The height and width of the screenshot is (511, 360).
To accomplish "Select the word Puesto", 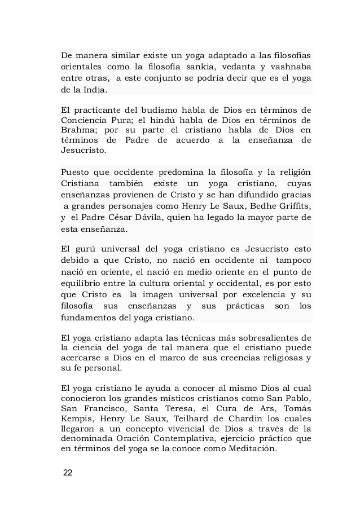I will (x=75, y=171).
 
